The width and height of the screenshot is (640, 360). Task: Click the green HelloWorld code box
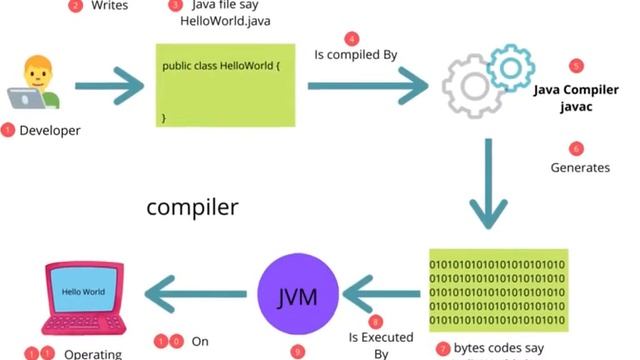[x=225, y=84]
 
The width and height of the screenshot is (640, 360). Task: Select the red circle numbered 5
[x=575, y=66]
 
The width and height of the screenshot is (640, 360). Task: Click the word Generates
[x=580, y=167]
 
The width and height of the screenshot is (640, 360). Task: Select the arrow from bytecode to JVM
[x=379, y=294]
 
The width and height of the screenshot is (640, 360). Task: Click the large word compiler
[x=192, y=208]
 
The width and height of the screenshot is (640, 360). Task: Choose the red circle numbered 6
[x=575, y=148]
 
